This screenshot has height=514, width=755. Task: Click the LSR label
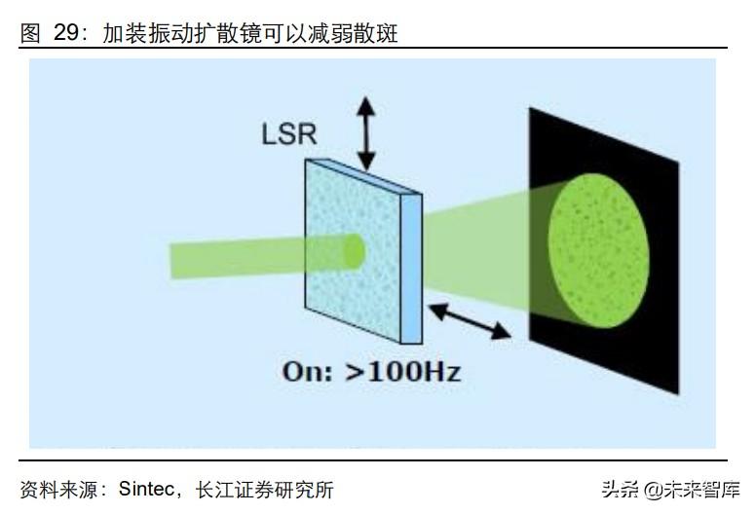(x=289, y=133)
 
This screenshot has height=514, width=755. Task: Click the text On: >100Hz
(x=371, y=371)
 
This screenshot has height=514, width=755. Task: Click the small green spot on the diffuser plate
(x=353, y=252)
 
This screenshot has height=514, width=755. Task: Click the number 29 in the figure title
(x=65, y=33)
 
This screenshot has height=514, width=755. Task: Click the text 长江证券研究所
(x=265, y=489)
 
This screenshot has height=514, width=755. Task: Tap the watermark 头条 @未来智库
(x=669, y=489)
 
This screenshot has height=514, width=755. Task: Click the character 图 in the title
(x=30, y=33)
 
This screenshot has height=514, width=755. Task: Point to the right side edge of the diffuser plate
(x=413, y=267)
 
